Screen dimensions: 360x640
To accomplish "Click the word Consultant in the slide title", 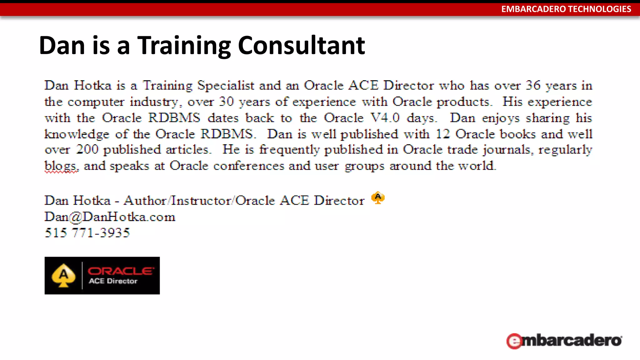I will [301, 46].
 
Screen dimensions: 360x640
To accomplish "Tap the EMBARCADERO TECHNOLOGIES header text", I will [566, 9].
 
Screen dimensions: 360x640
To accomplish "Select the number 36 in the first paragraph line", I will [533, 85].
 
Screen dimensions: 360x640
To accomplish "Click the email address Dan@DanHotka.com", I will [110, 217].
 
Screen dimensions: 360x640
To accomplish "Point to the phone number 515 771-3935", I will [87, 233].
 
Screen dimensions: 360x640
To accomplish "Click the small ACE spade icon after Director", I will [378, 198].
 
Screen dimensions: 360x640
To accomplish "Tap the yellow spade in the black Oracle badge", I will [63, 276].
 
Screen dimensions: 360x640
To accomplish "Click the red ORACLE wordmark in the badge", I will [121, 271].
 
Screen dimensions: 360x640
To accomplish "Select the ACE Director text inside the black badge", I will [113, 281].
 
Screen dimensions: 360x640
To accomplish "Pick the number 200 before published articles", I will [87, 150].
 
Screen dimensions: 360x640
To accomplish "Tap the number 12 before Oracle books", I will [442, 134].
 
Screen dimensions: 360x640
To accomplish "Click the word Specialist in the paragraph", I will [226, 86].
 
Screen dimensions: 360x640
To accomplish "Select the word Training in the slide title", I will [184, 46].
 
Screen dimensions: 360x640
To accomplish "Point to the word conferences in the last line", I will [248, 166].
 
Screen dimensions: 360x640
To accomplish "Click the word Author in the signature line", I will [145, 201].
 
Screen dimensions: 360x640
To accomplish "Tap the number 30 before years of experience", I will [226, 102].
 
